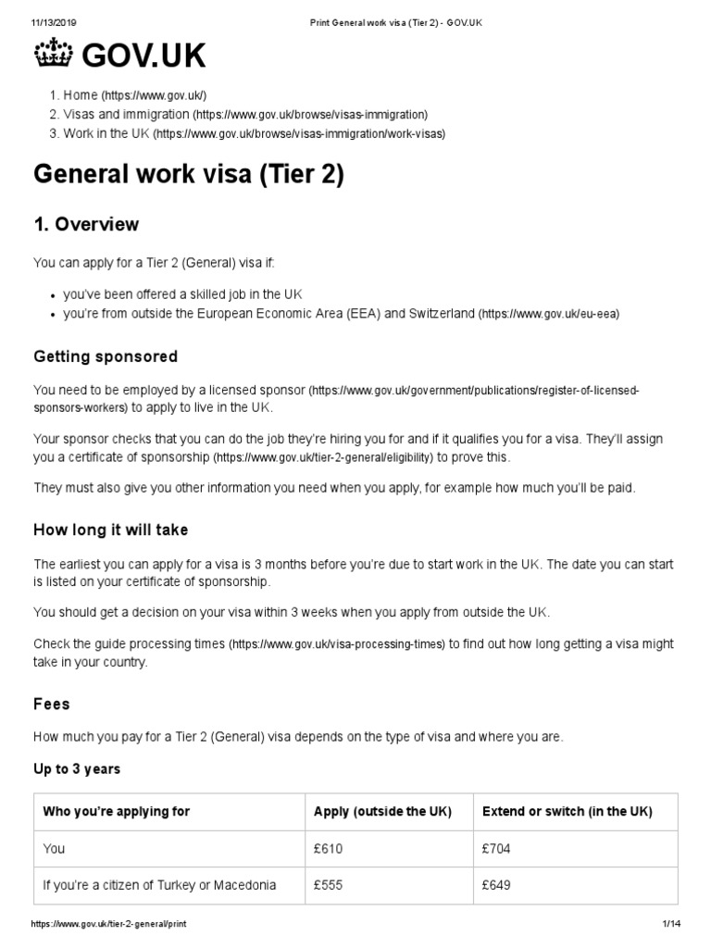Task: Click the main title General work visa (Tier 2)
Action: pyautogui.click(x=189, y=175)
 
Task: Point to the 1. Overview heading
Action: pyautogui.click(x=86, y=224)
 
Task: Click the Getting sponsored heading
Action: pyautogui.click(x=106, y=356)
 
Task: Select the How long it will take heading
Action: pyautogui.click(x=111, y=530)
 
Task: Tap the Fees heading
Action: pyautogui.click(x=52, y=704)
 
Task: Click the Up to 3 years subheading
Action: pyautogui.click(x=77, y=769)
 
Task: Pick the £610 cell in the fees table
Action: pyautogui.click(x=329, y=848)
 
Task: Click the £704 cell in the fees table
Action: pyautogui.click(x=497, y=848)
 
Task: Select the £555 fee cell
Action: pyautogui.click(x=329, y=885)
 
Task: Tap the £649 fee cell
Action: pyautogui.click(x=497, y=885)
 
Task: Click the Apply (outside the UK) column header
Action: pyautogui.click(x=382, y=811)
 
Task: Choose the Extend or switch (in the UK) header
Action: pyautogui.click(x=568, y=811)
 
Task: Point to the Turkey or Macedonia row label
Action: pyautogui.click(x=159, y=885)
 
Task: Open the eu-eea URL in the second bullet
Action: pyautogui.click(x=548, y=315)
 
